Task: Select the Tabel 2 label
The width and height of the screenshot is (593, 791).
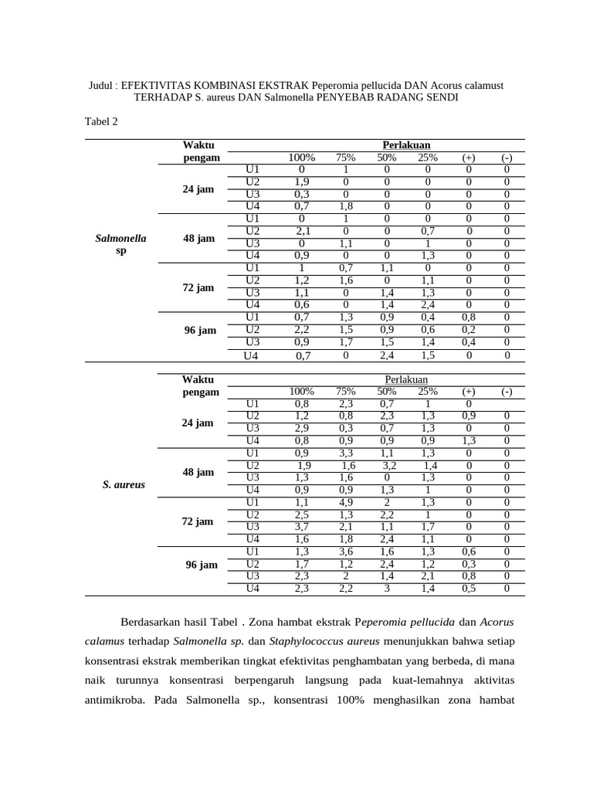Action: (100, 122)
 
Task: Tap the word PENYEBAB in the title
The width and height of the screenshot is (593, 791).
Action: (341, 98)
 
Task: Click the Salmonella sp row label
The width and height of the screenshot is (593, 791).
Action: (120, 245)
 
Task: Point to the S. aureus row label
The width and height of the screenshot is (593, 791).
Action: (124, 485)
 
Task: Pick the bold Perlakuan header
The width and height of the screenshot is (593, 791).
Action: (406, 145)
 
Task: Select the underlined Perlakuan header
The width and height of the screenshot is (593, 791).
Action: (406, 380)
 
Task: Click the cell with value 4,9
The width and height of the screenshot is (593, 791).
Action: (346, 502)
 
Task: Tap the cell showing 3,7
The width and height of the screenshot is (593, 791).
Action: (302, 527)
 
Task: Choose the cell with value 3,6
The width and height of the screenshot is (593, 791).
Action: (346, 552)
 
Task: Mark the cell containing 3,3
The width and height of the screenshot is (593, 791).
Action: (346, 453)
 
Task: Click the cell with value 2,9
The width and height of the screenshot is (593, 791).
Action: (302, 428)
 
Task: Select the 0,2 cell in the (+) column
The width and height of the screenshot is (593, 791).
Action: (469, 329)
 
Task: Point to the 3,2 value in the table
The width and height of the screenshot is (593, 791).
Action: (389, 466)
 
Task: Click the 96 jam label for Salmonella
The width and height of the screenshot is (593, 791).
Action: (201, 331)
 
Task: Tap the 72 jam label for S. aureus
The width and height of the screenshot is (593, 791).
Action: (198, 521)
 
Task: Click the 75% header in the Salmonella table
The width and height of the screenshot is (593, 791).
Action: (344, 158)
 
